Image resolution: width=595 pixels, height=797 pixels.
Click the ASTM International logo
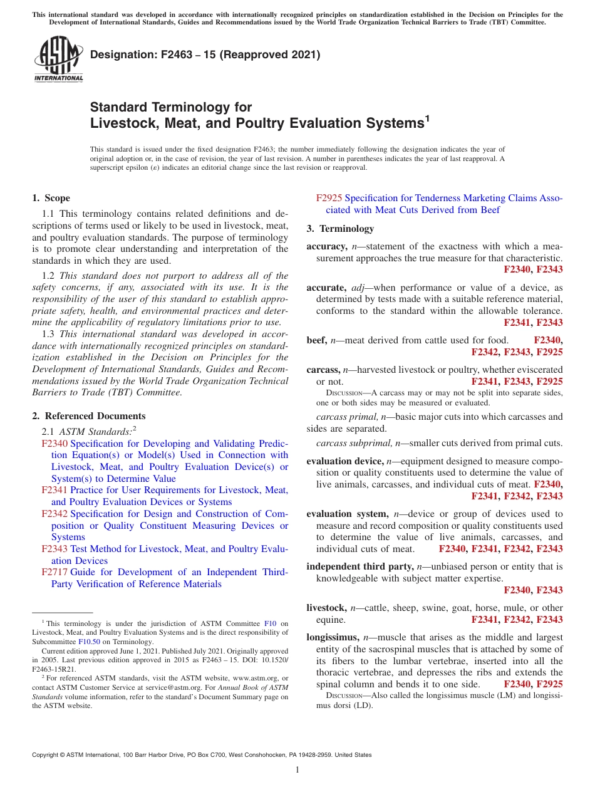coord(58,60)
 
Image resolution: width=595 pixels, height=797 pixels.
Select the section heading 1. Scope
coord(51,198)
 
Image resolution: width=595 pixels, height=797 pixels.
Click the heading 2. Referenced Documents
coord(89,416)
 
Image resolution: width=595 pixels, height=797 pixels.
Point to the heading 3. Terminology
coord(340,228)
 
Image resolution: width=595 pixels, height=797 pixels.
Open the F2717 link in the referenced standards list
coord(54,572)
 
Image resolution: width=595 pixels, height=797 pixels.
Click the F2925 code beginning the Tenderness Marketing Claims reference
coord(329,198)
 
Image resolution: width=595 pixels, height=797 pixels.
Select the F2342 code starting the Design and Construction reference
coord(54,514)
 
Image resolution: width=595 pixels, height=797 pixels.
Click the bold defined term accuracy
coord(326,246)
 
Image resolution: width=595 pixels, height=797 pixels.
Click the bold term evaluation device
coord(344,461)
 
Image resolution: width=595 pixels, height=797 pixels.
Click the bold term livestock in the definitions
coord(326,608)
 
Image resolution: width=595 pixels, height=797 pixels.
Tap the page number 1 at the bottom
coord(297,769)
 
